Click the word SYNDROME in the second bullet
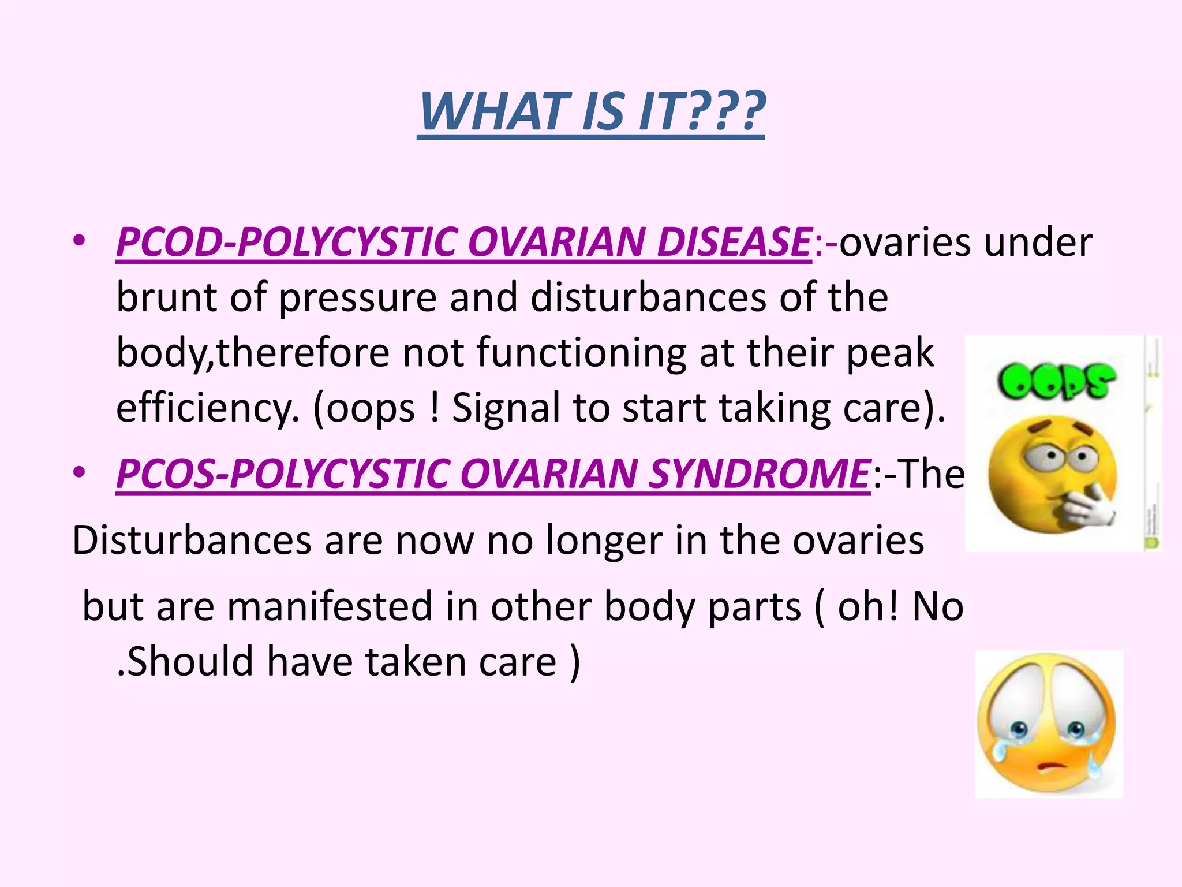(x=759, y=474)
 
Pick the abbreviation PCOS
(x=165, y=474)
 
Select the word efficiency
(x=207, y=409)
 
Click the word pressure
(x=358, y=298)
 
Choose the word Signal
(x=506, y=409)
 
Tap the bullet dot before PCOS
(x=80, y=472)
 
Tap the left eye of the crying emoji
(x=1019, y=730)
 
